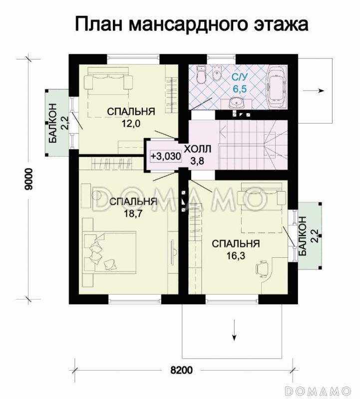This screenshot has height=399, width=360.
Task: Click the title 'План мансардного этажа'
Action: click(x=192, y=24)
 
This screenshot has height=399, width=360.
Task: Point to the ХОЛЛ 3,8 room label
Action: click(x=197, y=155)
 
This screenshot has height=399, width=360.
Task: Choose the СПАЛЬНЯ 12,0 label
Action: click(x=131, y=117)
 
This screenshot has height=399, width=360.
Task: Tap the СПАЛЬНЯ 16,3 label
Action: click(x=235, y=249)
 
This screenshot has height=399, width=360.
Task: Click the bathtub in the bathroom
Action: click(x=276, y=89)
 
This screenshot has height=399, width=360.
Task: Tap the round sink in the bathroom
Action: click(x=237, y=103)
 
